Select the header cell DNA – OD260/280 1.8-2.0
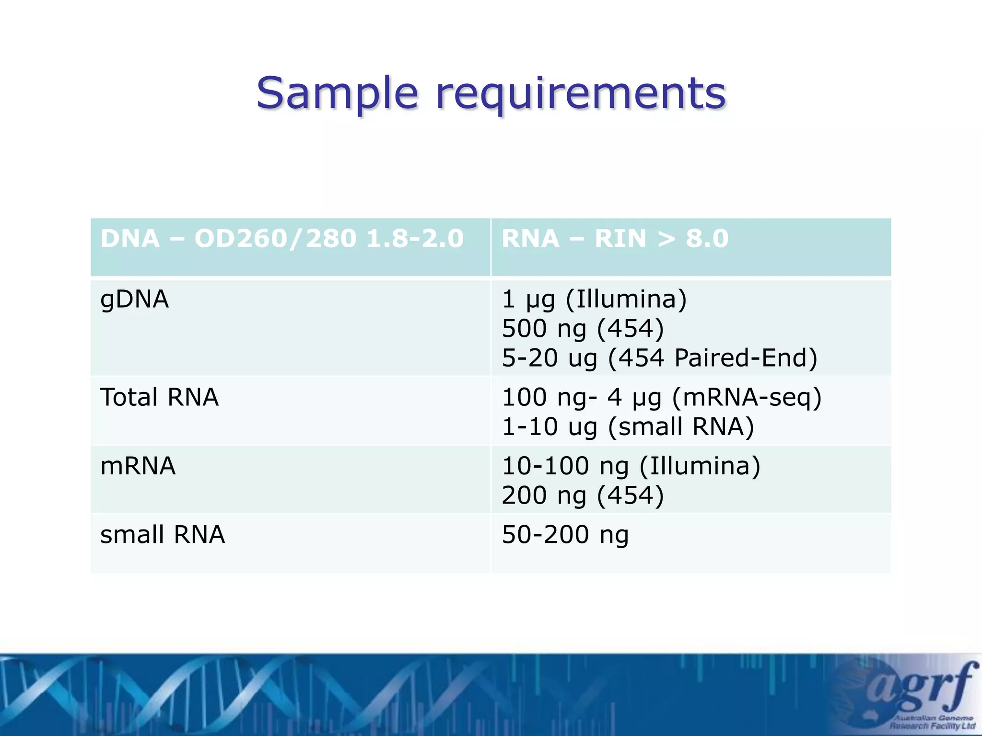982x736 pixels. tap(282, 239)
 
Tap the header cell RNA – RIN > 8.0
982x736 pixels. tap(615, 239)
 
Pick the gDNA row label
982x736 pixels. tap(134, 299)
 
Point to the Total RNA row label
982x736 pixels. tap(159, 397)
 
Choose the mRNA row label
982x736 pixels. tap(138, 466)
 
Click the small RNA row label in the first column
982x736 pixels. tap(162, 534)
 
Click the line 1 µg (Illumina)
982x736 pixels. tap(594, 299)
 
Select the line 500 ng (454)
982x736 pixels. tap(583, 329)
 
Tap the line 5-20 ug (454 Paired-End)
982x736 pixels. tap(659, 358)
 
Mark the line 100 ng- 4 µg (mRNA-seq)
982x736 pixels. tap(662, 397)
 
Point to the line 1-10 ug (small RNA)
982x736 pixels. tap(628, 426)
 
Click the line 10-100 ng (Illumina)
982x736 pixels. tap(631, 466)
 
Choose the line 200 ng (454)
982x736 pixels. tap(583, 495)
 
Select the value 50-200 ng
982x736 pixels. tap(565, 534)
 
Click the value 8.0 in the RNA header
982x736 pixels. tap(707, 239)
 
